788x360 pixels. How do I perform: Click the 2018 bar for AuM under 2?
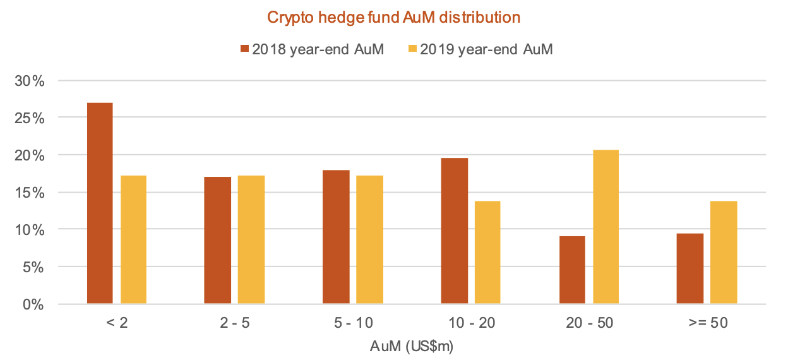(x=100, y=203)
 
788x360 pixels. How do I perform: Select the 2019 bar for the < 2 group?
(x=133, y=240)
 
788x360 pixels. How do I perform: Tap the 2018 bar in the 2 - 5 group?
(x=218, y=241)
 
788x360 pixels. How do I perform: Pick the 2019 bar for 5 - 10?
(x=369, y=240)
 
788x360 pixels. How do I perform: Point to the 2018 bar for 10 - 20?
(x=454, y=231)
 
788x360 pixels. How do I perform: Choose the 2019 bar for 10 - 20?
(x=487, y=253)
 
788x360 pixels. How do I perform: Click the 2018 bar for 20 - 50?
(x=572, y=270)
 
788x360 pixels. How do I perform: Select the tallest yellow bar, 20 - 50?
(x=606, y=227)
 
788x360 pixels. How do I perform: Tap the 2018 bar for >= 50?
(x=690, y=269)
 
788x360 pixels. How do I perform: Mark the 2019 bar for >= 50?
(x=724, y=253)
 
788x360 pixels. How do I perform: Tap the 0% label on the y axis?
(x=35, y=304)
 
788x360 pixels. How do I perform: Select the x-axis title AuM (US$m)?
(x=413, y=346)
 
